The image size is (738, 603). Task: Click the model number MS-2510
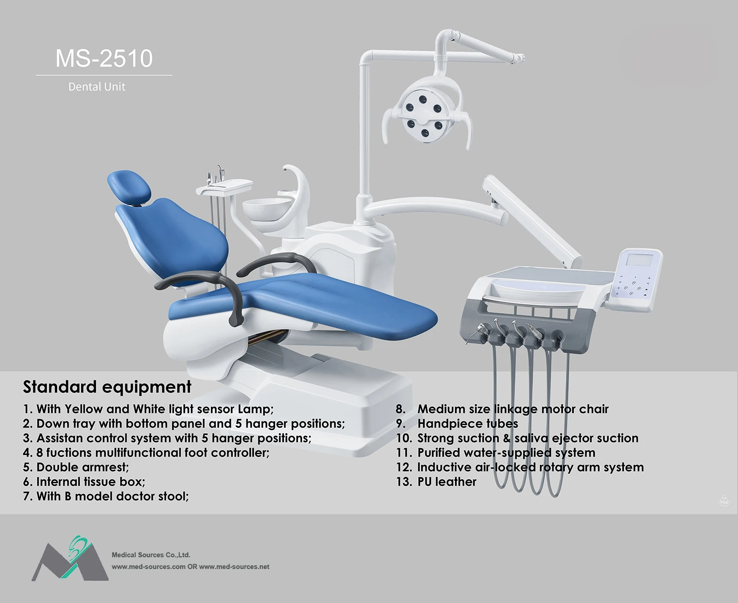[x=104, y=58]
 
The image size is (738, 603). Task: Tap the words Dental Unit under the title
[x=96, y=87]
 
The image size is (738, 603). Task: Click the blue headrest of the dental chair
[x=129, y=187]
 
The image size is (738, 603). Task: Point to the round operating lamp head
[x=425, y=116]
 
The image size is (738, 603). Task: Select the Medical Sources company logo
[x=70, y=559]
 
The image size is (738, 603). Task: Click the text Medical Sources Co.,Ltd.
[x=151, y=555]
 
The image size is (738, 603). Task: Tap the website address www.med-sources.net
[x=235, y=567]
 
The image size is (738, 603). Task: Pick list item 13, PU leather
[x=436, y=482]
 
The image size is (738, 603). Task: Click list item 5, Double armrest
[x=76, y=467]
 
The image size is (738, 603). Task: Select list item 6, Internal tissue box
[x=84, y=482]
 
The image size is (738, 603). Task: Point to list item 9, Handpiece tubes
[x=457, y=424]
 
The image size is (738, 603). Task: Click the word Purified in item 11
[x=438, y=453]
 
